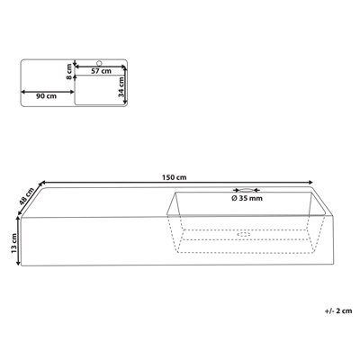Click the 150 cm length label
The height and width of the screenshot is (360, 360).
coord(174,177)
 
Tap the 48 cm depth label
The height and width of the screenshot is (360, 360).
coord(26,195)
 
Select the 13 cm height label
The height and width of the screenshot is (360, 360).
coord(13,243)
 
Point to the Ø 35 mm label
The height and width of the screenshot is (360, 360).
coord(247,198)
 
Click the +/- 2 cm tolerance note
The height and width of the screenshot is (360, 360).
coord(338,311)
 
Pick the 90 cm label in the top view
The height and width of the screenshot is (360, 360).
coord(46,96)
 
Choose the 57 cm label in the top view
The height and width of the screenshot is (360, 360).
coord(101,71)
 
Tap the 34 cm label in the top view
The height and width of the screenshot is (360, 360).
coord(121,86)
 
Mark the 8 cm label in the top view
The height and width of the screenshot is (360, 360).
coord(69,72)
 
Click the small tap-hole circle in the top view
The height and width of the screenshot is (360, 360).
coord(99,63)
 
